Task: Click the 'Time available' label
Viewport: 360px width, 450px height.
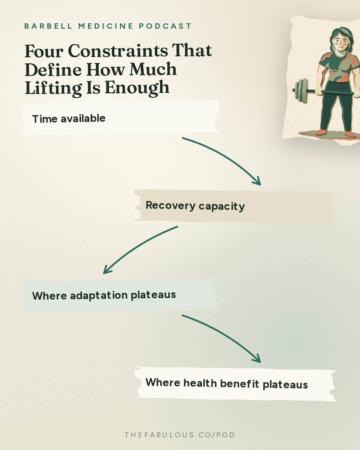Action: tap(69, 119)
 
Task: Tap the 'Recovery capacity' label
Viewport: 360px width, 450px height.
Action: tap(195, 206)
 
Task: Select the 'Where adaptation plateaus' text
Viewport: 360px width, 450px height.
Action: tap(104, 295)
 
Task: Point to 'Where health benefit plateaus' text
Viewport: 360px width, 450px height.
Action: tap(227, 384)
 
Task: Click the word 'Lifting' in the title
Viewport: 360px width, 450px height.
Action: tap(53, 88)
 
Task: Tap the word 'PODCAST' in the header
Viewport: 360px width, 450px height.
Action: tap(165, 26)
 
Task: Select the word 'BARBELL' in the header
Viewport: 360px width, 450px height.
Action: tap(48, 26)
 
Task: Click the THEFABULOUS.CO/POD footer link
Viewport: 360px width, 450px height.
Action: tap(180, 435)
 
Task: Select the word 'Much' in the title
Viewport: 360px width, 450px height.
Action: tap(153, 69)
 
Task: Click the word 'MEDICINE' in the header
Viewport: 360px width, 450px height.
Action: tap(106, 26)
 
